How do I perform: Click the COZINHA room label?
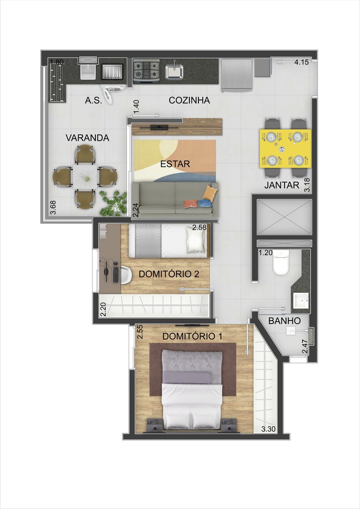[x=189, y=100]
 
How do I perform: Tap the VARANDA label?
[x=87, y=138]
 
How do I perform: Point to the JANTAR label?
[x=281, y=185]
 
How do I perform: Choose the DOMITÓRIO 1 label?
[x=192, y=337]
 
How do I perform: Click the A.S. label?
[x=93, y=100]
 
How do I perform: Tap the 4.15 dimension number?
[x=302, y=63]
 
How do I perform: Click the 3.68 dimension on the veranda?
[x=53, y=207]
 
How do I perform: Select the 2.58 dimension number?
[x=199, y=228]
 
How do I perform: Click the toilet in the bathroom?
[x=280, y=264]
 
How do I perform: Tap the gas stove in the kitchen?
[x=146, y=71]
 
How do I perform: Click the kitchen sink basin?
[x=174, y=72]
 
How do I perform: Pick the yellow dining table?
[x=285, y=148]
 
